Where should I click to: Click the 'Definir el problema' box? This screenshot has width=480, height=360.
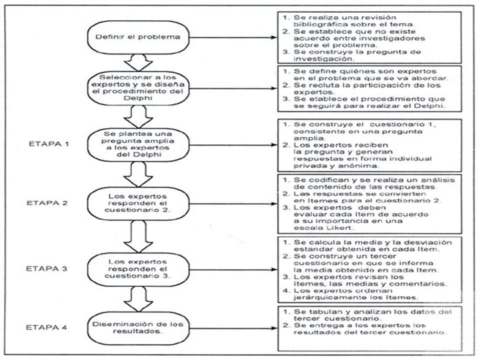tap(138, 37)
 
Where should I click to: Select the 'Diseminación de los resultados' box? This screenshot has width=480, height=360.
tap(138, 328)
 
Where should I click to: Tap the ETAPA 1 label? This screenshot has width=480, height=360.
tap(49, 143)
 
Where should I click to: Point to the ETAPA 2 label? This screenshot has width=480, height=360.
tap(47, 203)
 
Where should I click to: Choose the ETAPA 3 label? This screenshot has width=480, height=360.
tap(46, 268)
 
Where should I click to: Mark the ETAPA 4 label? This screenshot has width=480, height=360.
tap(46, 327)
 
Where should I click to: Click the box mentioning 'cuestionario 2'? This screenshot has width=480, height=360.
tap(138, 203)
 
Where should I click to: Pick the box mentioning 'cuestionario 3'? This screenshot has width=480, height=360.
tap(138, 269)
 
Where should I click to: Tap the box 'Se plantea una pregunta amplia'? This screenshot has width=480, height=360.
tap(138, 144)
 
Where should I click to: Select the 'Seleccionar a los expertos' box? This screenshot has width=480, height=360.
tap(138, 88)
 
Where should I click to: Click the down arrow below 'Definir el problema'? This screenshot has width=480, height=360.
tap(138, 63)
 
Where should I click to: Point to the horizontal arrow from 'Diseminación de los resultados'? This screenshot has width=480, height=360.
tap(233, 328)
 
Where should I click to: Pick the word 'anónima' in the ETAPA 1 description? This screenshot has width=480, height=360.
tap(358, 165)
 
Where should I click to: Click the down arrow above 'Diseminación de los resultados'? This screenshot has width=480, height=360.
tap(138, 299)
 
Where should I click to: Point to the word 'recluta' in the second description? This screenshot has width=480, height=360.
tap(323, 85)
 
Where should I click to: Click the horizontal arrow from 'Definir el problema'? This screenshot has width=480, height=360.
tap(233, 37)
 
